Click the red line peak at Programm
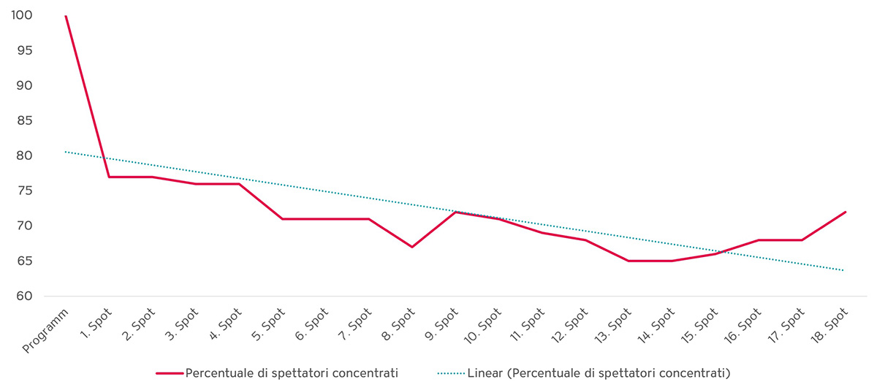click(66, 15)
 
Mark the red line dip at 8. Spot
click(412, 247)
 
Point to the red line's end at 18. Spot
click(846, 212)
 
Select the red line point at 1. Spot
click(109, 177)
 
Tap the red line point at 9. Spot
click(455, 212)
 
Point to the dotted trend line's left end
click(66, 152)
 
